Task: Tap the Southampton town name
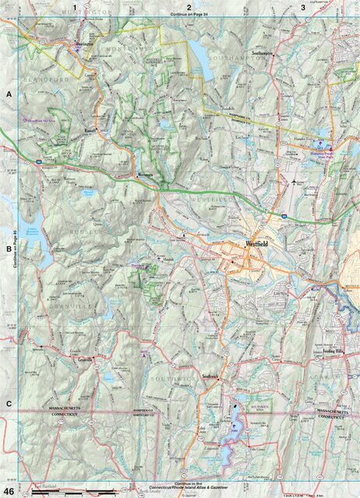point(264,53)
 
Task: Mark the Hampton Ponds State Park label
point(323,154)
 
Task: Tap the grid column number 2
point(188,7)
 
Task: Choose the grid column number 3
point(302,7)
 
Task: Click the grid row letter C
point(9,403)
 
